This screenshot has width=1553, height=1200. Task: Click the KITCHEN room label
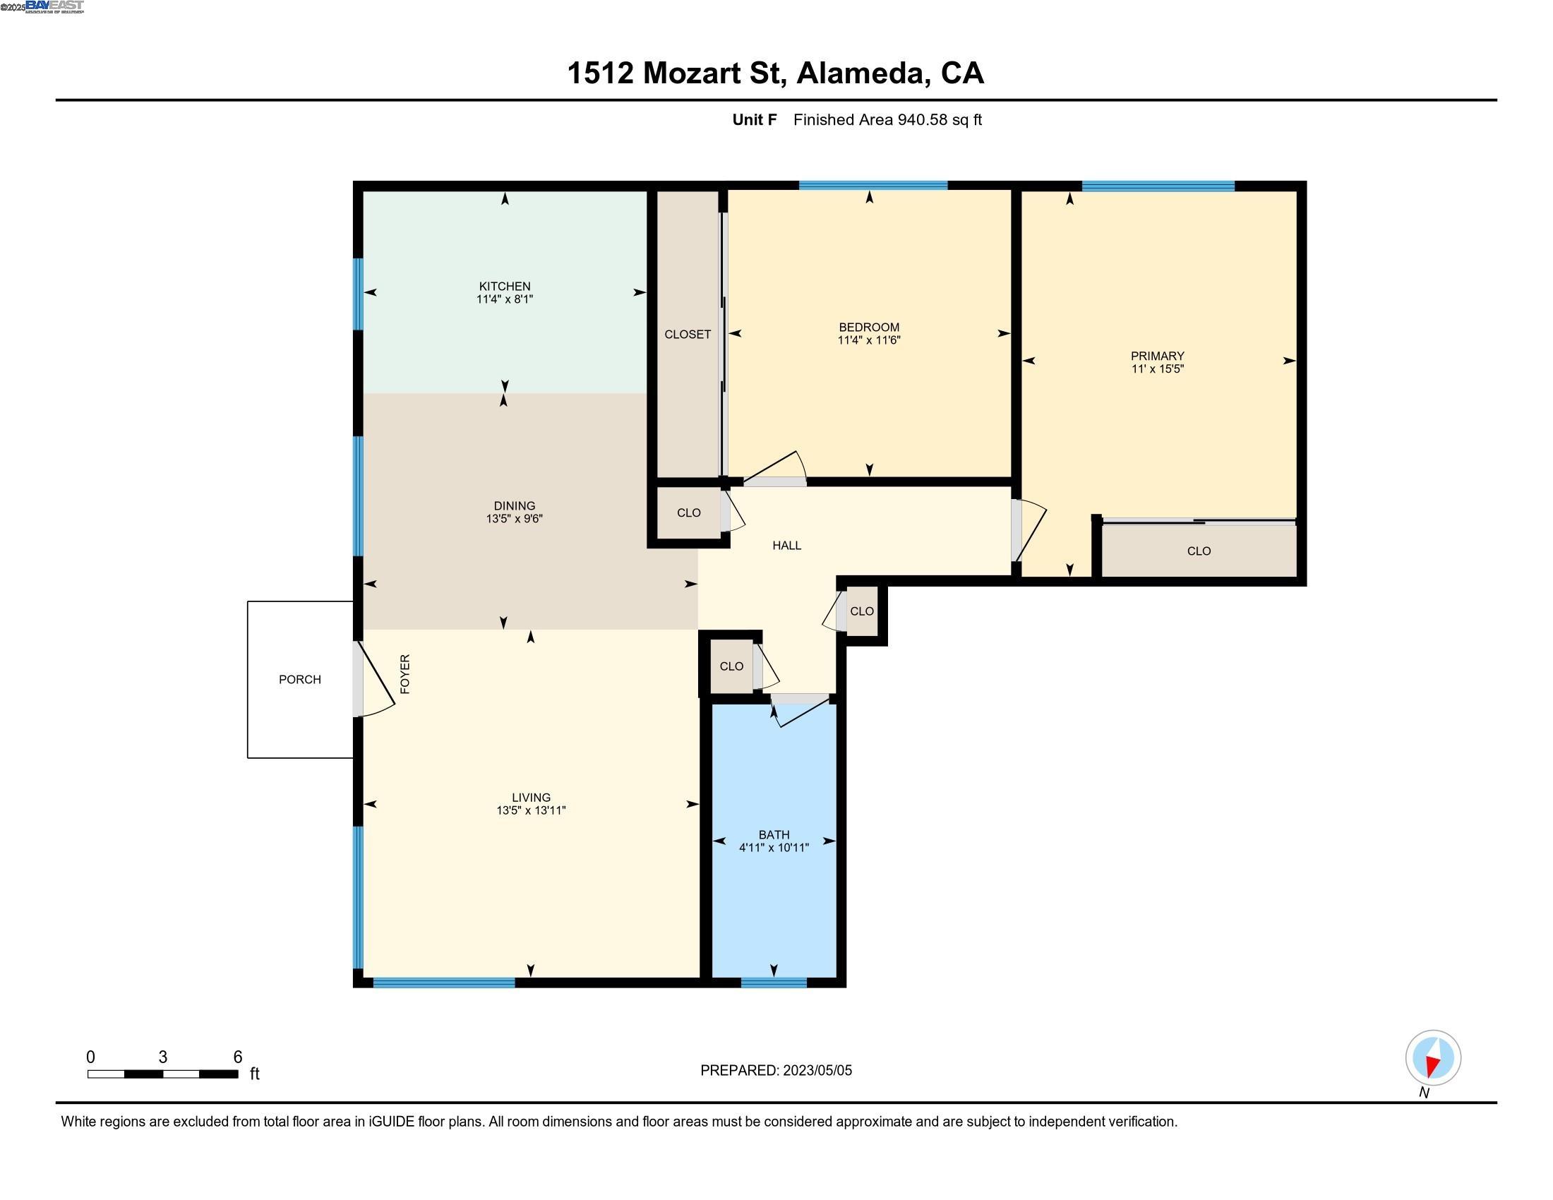click(504, 286)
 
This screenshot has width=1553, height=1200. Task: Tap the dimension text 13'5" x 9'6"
click(514, 519)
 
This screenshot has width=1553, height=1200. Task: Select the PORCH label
click(299, 680)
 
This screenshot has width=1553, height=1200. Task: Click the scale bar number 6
click(237, 1057)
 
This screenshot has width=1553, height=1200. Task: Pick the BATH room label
click(774, 834)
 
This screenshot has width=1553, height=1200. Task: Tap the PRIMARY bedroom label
click(1157, 356)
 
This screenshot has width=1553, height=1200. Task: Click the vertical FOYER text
click(405, 673)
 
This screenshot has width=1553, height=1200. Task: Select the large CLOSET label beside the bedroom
click(687, 334)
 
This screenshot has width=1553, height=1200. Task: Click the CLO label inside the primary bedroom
click(1198, 551)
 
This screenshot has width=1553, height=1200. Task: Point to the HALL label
click(786, 545)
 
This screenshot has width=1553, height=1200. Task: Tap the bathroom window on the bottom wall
click(774, 983)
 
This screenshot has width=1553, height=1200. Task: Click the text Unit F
click(754, 120)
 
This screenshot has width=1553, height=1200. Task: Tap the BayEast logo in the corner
click(54, 6)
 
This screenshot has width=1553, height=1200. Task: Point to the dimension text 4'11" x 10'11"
click(774, 847)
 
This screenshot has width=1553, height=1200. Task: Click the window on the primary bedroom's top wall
click(1158, 186)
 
